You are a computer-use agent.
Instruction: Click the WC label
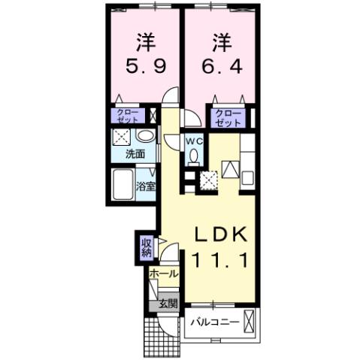click(194, 141)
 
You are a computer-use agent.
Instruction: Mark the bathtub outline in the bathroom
click(123, 184)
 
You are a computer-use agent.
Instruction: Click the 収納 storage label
click(146, 247)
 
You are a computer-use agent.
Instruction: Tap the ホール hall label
click(164, 274)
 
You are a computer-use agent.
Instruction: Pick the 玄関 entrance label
click(167, 304)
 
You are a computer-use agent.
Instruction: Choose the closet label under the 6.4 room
click(226, 118)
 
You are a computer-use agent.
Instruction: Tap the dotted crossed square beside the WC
click(208, 179)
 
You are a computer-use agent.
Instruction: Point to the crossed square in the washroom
click(120, 136)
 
